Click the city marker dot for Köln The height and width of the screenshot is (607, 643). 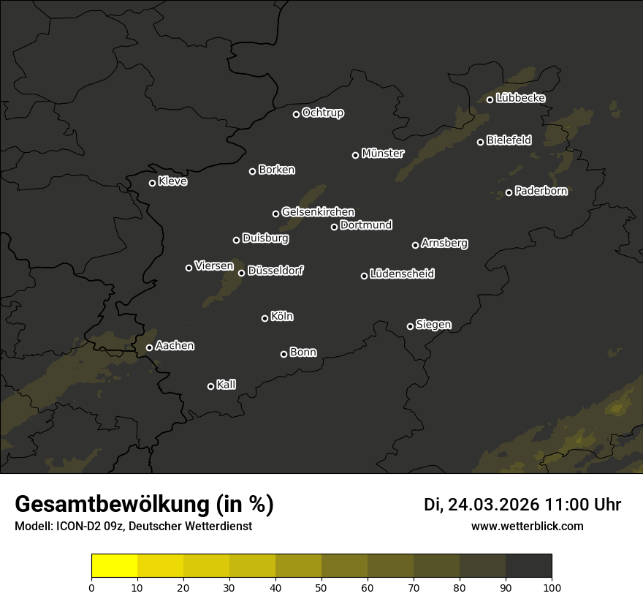tap(265, 318)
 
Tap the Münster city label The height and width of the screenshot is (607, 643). tap(383, 154)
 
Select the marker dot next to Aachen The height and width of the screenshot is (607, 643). tap(149, 347)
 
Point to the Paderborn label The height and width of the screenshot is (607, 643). tap(541, 191)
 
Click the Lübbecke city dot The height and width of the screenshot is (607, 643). tap(490, 99)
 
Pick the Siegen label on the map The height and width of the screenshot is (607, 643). tap(433, 325)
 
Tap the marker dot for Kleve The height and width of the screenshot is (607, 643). tap(152, 183)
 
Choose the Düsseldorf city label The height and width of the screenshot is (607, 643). tap(275, 271)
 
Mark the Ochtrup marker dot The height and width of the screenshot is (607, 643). tap(296, 114)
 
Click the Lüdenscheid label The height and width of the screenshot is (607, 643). tap(403, 274)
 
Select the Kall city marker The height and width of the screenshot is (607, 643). tap(210, 386)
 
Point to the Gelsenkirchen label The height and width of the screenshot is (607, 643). tap(318, 212)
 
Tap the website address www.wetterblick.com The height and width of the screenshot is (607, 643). tap(528, 526)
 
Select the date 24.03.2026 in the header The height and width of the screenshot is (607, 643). tap(493, 505)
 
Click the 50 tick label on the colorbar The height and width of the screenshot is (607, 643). tap(321, 587)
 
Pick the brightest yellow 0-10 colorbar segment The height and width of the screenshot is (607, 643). tap(115, 566)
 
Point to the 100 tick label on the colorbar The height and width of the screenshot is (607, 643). tap(552, 587)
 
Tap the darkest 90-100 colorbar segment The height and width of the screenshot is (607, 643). tap(528, 566)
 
